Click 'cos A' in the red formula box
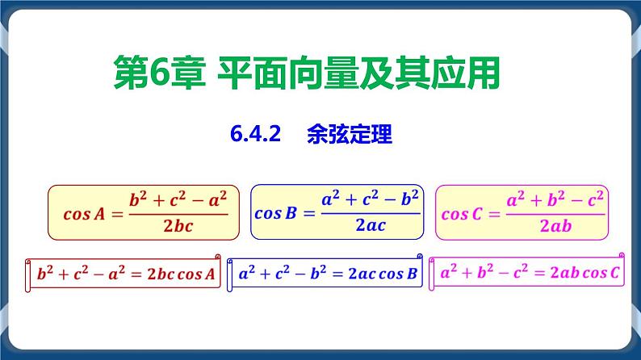click(x=85, y=214)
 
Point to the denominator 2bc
click(x=178, y=227)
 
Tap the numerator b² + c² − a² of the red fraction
click(x=178, y=199)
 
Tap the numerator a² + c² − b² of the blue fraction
click(x=371, y=199)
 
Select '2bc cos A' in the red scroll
click(x=179, y=274)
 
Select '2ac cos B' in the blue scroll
click(x=379, y=274)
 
